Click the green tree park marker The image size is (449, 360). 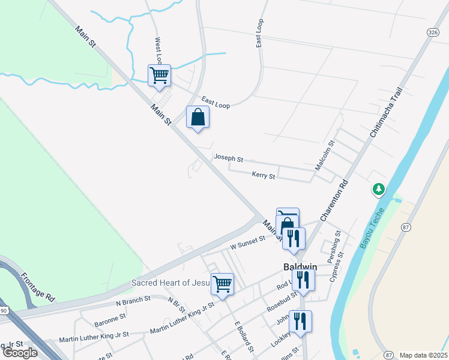coord(379,190)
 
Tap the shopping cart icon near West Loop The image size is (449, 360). coord(160,76)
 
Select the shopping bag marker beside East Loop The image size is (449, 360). coord(197,118)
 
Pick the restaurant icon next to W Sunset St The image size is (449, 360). coord(294,238)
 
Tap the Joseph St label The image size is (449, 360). coord(228,159)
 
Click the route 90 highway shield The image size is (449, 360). coord(3,310)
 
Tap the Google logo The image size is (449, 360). coord(20,353)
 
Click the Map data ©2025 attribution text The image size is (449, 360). coord(423,355)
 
